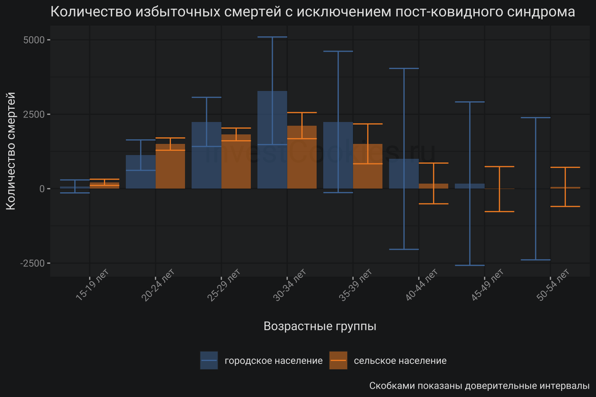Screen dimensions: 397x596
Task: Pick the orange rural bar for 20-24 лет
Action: (170, 166)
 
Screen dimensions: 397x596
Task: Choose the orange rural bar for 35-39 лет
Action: (368, 166)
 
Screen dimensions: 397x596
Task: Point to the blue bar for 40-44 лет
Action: (404, 174)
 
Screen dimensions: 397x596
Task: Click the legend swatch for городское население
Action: (209, 360)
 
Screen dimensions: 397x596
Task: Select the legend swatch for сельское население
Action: (338, 360)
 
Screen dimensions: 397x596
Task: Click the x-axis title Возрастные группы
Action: (320, 326)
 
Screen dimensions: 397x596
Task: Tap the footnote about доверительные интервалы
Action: (479, 386)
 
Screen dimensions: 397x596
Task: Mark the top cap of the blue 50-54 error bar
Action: (535, 118)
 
